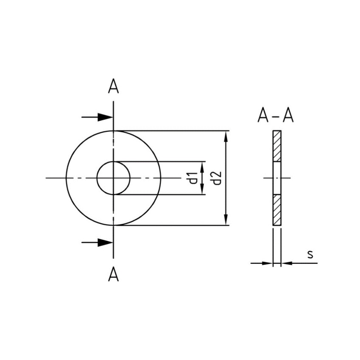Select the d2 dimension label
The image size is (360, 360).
pyautogui.click(x=217, y=178)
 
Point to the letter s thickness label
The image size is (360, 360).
pyautogui.click(x=310, y=254)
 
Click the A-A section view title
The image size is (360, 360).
pyautogui.click(x=275, y=116)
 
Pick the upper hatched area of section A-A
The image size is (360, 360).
pyautogui.click(x=276, y=146)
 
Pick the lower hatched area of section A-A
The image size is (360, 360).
pyautogui.click(x=276, y=209)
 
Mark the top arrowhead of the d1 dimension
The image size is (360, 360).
pyautogui.click(x=202, y=166)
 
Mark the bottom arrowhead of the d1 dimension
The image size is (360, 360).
pyautogui.click(x=202, y=190)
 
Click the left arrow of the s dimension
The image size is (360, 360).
pyautogui.click(x=267, y=263)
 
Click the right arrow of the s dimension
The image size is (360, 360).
pyautogui.click(x=286, y=263)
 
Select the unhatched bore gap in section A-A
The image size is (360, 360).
pyautogui.click(x=276, y=178)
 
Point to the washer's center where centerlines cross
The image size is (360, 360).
pyautogui.click(x=113, y=178)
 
